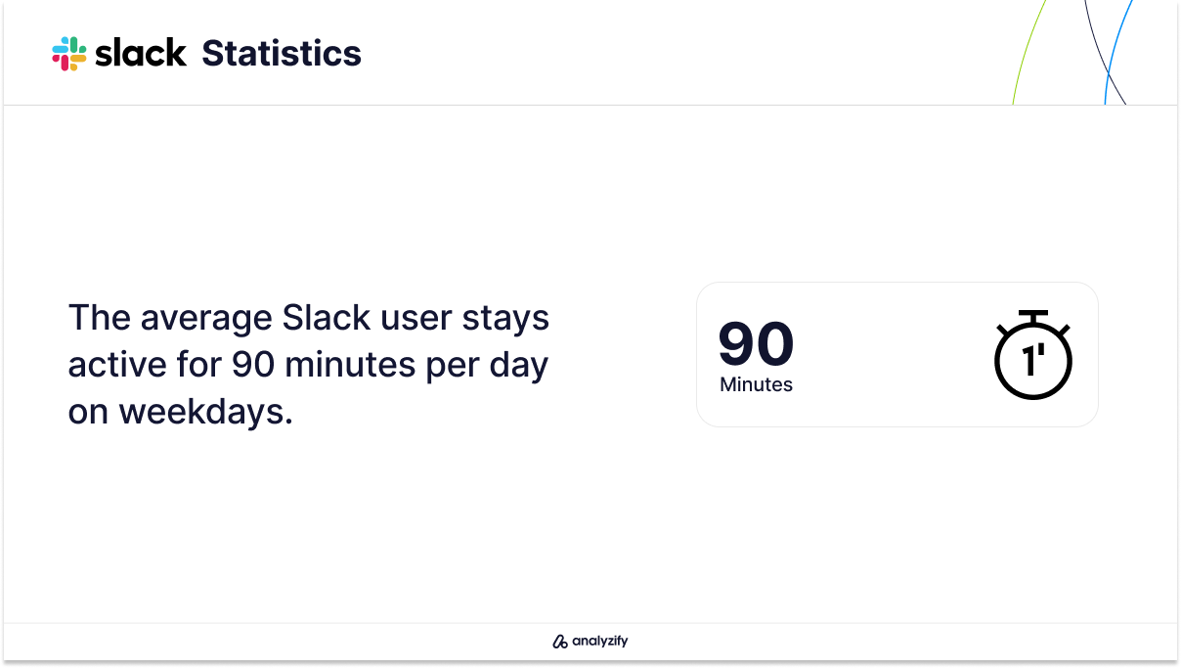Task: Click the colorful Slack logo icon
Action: [x=69, y=53]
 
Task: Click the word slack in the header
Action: [x=140, y=53]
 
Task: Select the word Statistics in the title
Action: [x=282, y=53]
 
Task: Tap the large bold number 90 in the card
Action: [x=756, y=343]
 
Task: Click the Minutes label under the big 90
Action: [x=756, y=384]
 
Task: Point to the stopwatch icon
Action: [x=1032, y=355]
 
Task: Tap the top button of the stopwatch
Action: [x=1032, y=316]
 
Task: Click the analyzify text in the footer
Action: [x=600, y=641]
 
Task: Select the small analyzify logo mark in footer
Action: [x=560, y=641]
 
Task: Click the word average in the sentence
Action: [x=206, y=318]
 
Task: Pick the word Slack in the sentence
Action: [x=326, y=318]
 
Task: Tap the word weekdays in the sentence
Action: [x=206, y=412]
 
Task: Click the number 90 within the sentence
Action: [x=253, y=365]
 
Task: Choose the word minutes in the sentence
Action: [x=350, y=365]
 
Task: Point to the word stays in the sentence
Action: [x=505, y=318]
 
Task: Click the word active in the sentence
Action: [x=117, y=365]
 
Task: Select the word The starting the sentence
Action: [x=99, y=318]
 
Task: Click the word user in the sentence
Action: [x=416, y=319]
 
